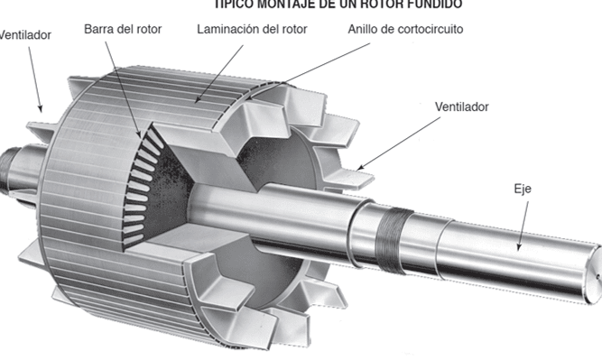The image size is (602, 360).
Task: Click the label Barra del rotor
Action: click(123, 29)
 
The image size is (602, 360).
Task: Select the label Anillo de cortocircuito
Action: click(405, 29)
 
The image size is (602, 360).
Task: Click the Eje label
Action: click(521, 189)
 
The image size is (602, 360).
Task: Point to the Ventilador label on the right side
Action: click(461, 106)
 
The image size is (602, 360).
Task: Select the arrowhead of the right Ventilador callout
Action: click(358, 168)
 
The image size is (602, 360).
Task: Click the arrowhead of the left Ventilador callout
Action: click(41, 108)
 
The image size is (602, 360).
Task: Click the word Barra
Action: click(99, 29)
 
